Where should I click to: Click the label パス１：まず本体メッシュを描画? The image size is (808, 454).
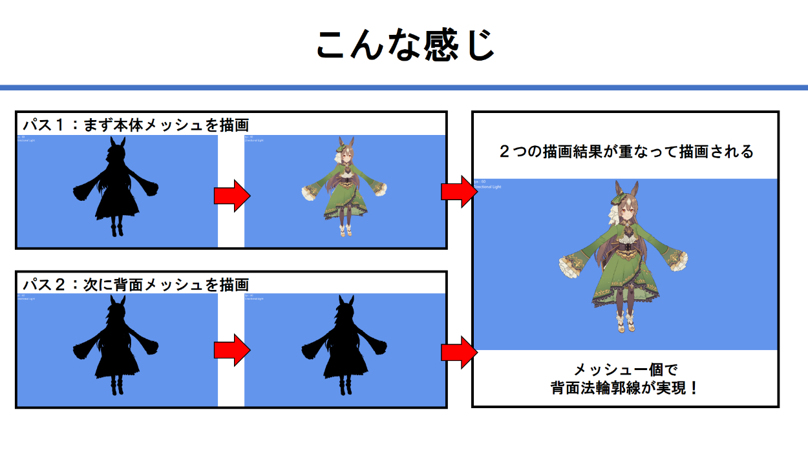[x=136, y=124]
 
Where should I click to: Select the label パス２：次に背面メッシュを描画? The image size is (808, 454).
[x=136, y=284]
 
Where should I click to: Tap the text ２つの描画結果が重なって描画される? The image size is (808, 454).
[x=626, y=152]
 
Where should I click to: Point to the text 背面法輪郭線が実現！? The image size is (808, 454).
[x=625, y=389]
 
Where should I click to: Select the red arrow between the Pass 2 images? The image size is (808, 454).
[x=231, y=349]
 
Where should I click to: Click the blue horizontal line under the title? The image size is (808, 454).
[x=404, y=87]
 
